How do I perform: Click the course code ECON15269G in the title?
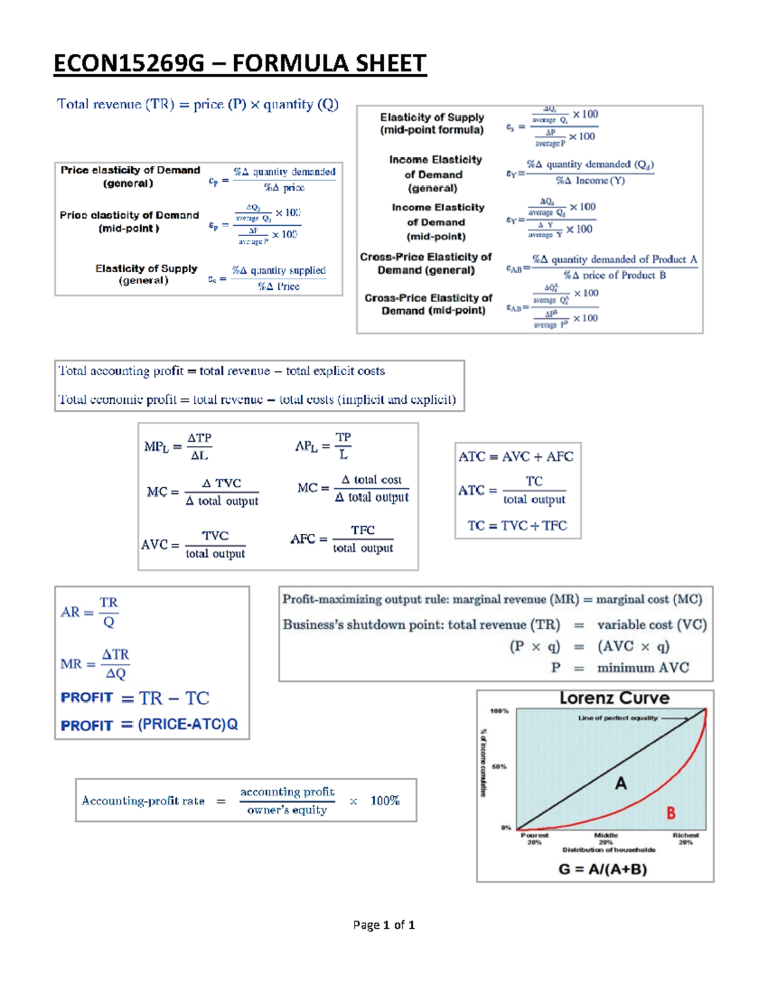129,63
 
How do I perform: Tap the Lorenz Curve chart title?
614,698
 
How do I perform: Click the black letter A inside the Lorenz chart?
621,783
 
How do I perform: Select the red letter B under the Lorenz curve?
671,813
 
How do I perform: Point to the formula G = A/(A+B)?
603,869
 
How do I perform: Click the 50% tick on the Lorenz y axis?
499,766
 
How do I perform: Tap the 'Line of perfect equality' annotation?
618,718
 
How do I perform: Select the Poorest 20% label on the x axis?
534,838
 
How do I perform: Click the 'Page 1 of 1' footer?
384,925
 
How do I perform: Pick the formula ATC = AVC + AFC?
516,456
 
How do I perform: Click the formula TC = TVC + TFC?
517,525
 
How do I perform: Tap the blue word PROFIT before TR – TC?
87,698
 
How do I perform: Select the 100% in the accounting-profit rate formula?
385,801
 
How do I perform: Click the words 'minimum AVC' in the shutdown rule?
643,668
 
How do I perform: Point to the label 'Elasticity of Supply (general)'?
146,275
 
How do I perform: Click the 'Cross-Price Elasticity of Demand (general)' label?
426,263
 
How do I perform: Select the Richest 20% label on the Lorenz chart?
685,838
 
